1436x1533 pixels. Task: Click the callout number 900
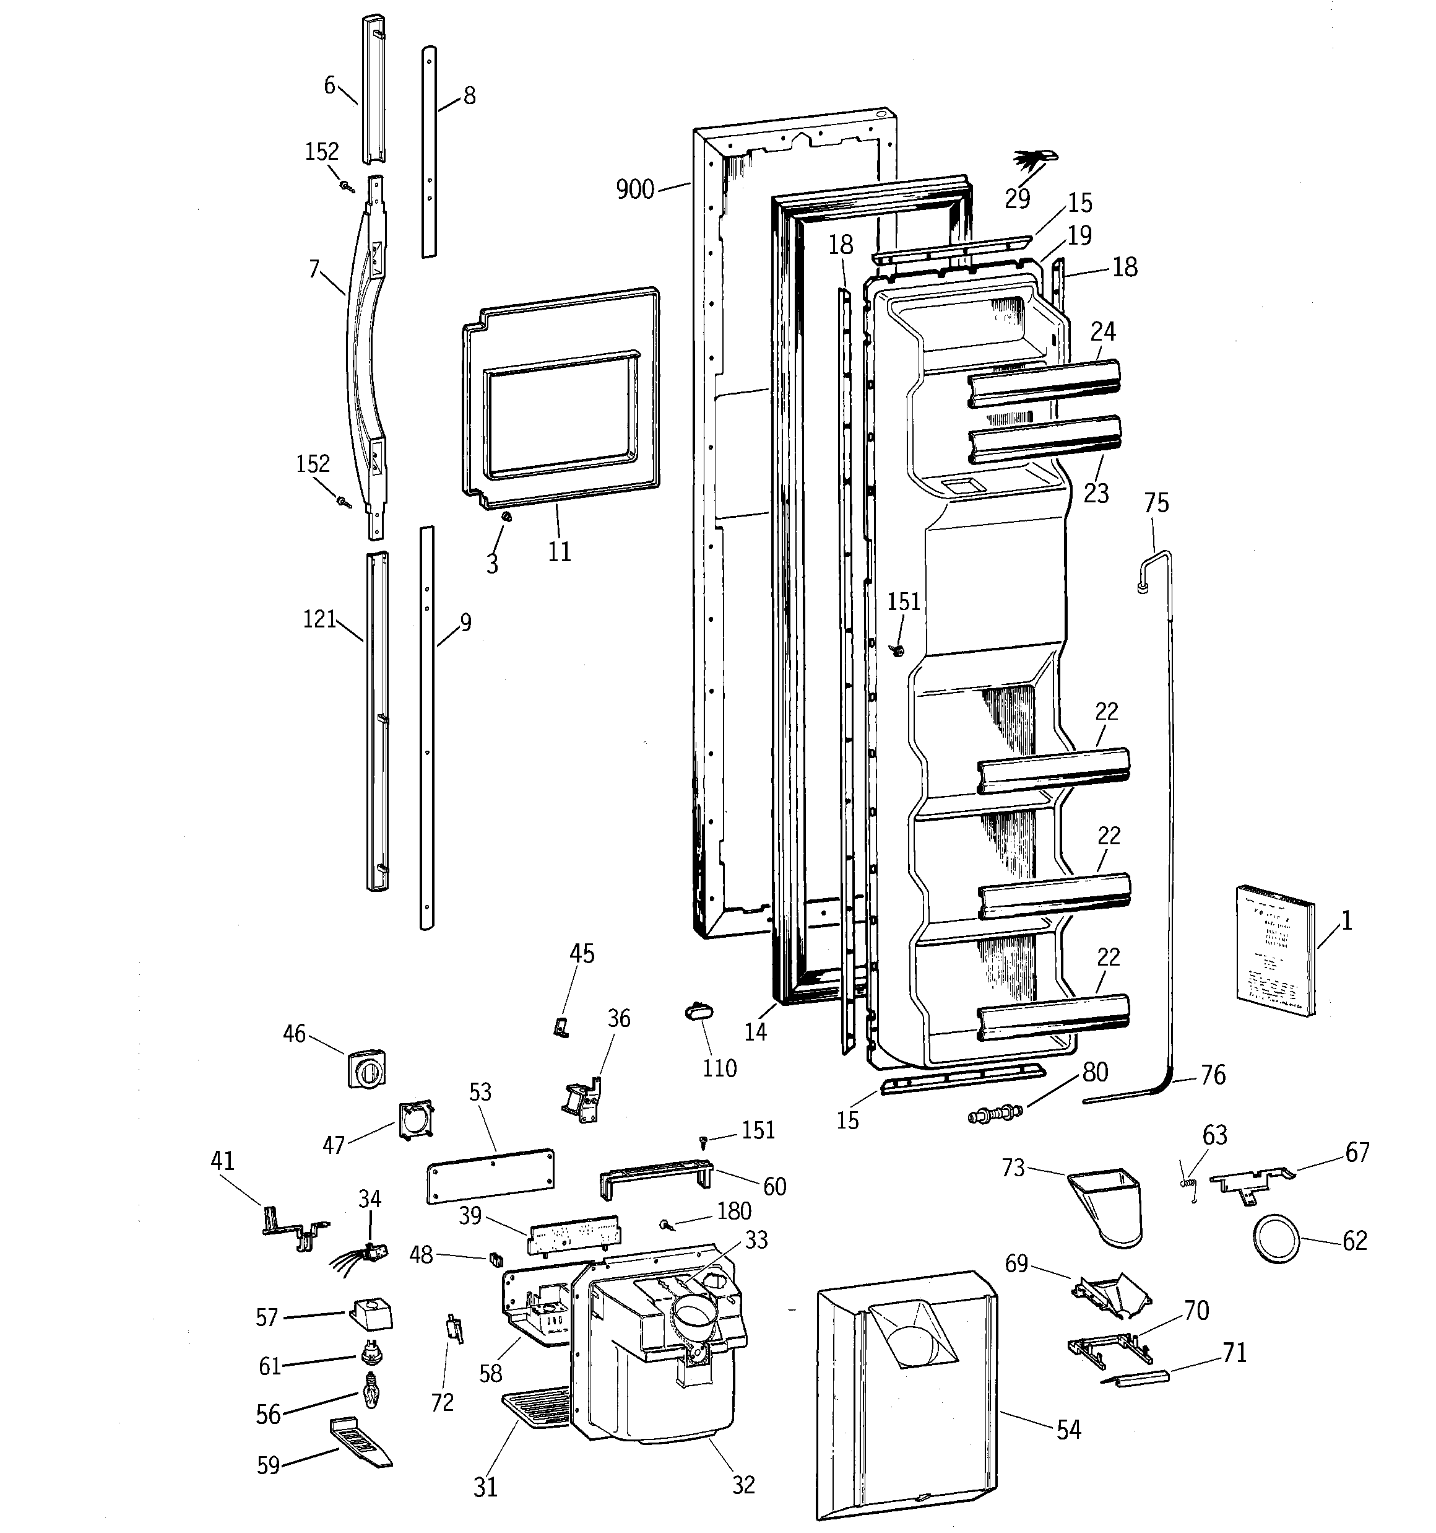(x=634, y=189)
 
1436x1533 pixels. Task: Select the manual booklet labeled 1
(x=1276, y=954)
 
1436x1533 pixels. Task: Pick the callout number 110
(x=719, y=1068)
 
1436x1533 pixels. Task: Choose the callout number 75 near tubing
(x=1156, y=503)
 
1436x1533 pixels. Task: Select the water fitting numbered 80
(x=995, y=1114)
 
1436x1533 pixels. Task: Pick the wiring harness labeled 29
(x=1033, y=161)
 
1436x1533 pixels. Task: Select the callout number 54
(x=1068, y=1430)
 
